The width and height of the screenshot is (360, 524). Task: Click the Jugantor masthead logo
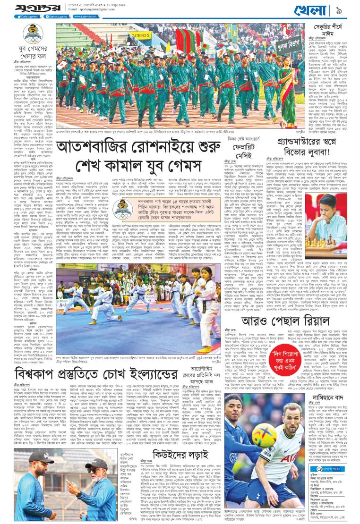25,9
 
